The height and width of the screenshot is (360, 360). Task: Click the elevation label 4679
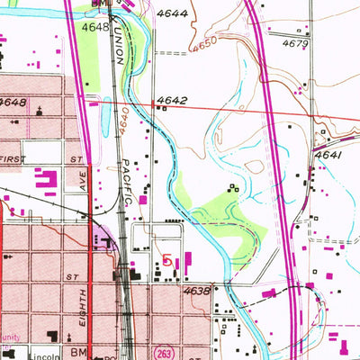coord(294,43)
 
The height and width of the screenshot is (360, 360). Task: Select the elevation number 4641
coord(328,156)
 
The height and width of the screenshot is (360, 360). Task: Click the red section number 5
coord(166,260)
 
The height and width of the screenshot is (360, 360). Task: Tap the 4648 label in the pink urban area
coord(13,103)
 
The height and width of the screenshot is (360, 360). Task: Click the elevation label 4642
coord(170,101)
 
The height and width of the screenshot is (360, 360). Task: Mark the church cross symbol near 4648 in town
coord(40,111)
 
